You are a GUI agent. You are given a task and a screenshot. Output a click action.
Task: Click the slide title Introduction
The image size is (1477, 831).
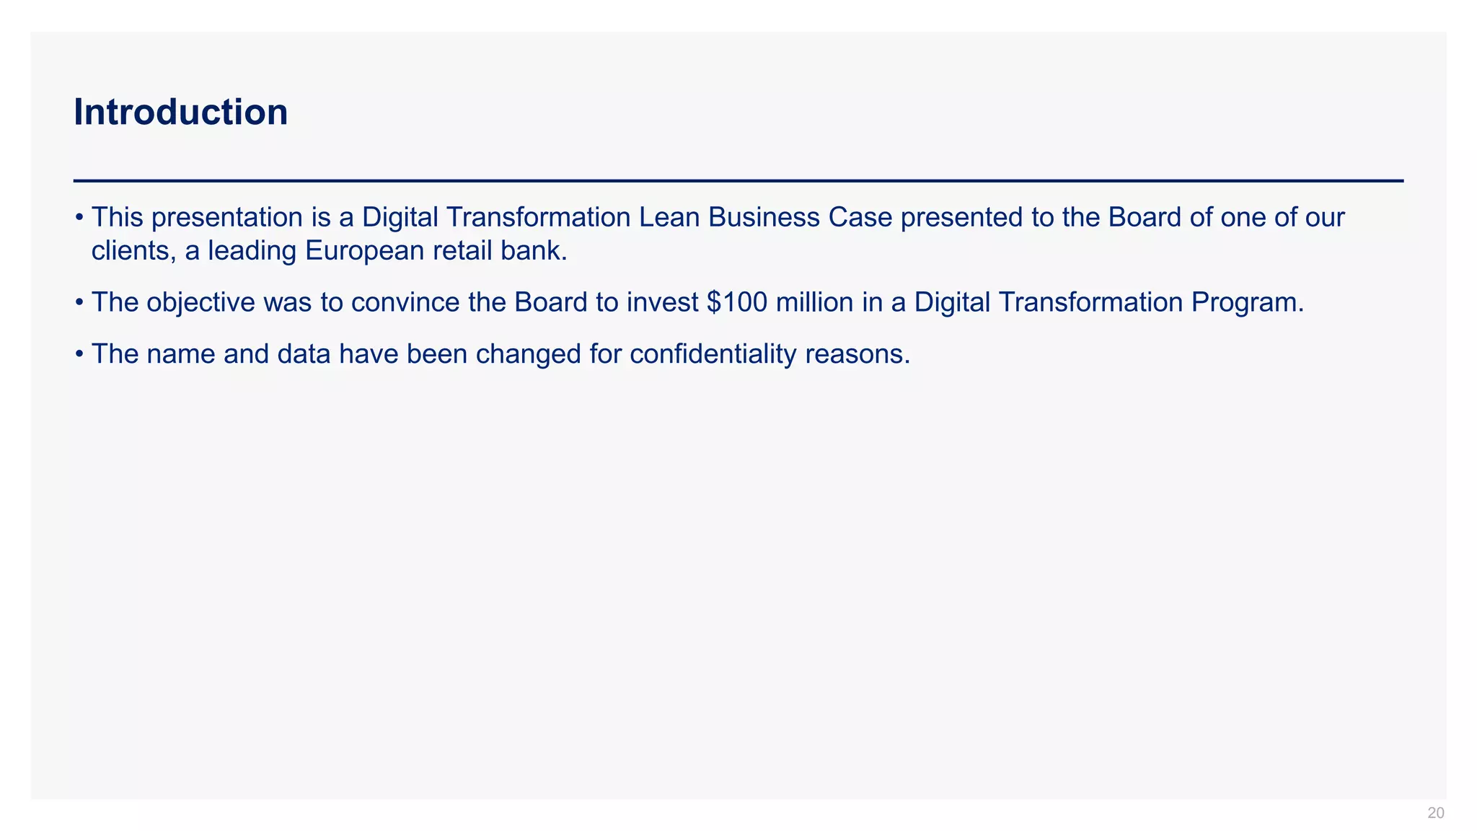pos(180,113)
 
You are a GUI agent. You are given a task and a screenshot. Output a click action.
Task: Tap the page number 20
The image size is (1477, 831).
pos(1435,814)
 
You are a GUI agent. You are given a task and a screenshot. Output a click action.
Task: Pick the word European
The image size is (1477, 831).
pos(364,251)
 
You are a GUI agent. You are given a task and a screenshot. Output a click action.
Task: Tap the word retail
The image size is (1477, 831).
pos(459,251)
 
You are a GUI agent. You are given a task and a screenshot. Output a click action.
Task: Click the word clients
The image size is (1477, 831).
pos(133,251)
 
